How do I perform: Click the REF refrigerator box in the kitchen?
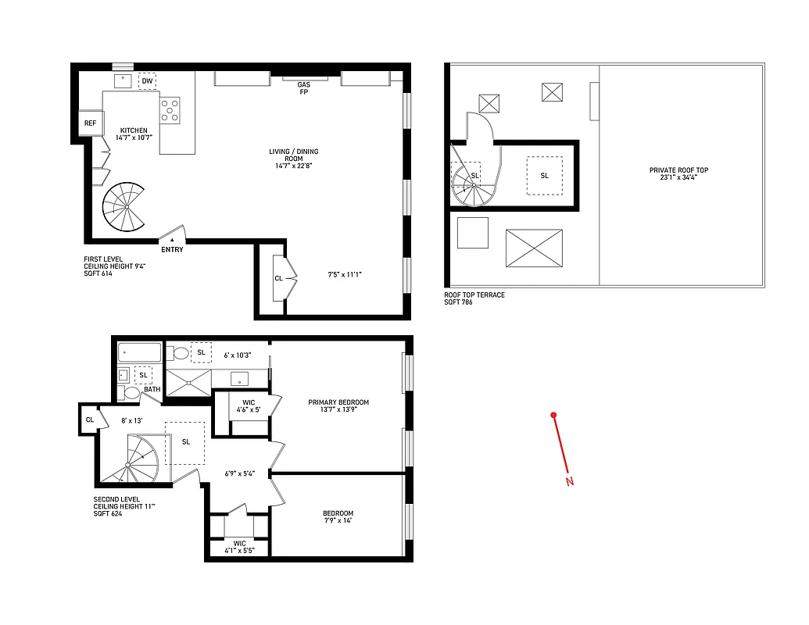click(90, 123)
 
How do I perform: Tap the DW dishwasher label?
click(147, 81)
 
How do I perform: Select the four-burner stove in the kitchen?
click(170, 110)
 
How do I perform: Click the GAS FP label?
click(304, 88)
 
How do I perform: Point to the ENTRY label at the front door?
click(172, 250)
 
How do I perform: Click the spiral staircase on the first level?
click(124, 207)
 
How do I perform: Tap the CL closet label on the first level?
click(278, 278)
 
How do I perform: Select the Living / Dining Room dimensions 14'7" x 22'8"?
click(296, 166)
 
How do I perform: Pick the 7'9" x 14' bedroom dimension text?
click(338, 521)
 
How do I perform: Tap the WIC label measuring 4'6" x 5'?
click(249, 407)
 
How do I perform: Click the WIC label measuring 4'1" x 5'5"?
click(239, 546)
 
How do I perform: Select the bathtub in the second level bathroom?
click(140, 353)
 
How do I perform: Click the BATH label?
click(152, 389)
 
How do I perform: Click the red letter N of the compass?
click(570, 481)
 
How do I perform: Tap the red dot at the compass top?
click(553, 415)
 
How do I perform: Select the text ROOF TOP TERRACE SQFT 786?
click(474, 298)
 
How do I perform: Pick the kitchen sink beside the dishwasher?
click(123, 80)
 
